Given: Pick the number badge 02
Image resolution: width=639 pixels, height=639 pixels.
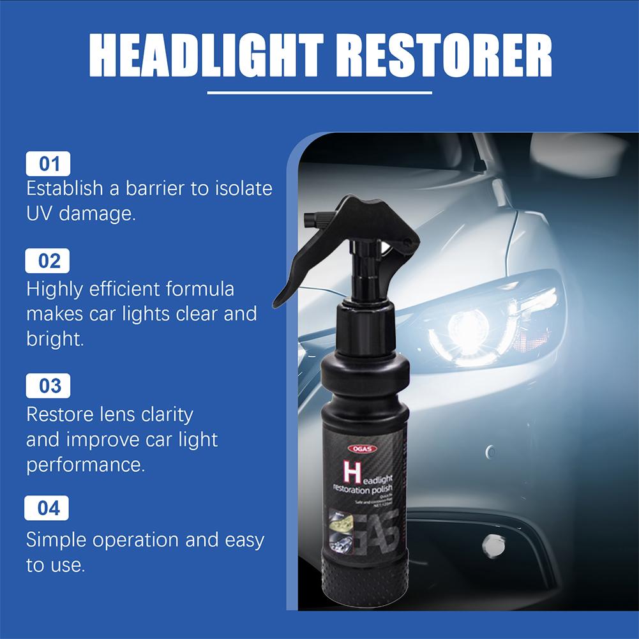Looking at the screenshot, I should coord(48,261).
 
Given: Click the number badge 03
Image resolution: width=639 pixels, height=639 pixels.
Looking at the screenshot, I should coord(48,386).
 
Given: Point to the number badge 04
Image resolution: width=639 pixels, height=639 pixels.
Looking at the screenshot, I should coord(48,508).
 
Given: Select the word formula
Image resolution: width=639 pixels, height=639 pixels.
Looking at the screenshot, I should coord(200,289).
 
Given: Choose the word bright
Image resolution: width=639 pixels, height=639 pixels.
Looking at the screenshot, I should coord(55,339).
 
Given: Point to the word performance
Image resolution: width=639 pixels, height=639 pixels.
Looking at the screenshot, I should coord(86,465).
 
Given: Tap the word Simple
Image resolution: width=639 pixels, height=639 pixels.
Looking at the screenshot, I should coord(56,540).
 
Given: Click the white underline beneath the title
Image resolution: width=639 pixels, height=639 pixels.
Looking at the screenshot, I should coord(319,93).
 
